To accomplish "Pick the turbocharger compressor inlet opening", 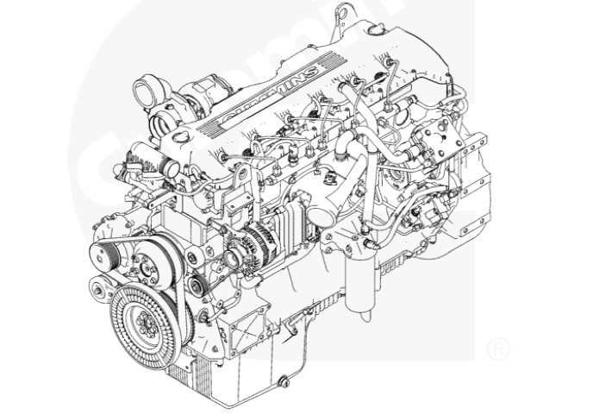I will [147, 90].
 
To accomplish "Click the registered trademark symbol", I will [498, 349].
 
